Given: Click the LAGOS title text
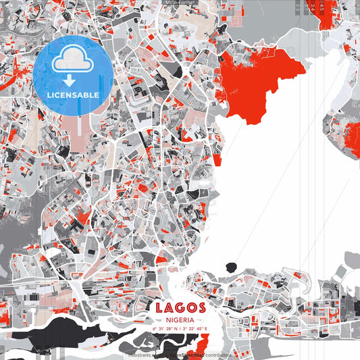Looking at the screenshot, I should coord(180,308).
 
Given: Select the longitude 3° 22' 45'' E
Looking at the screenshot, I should coord(195,329).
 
